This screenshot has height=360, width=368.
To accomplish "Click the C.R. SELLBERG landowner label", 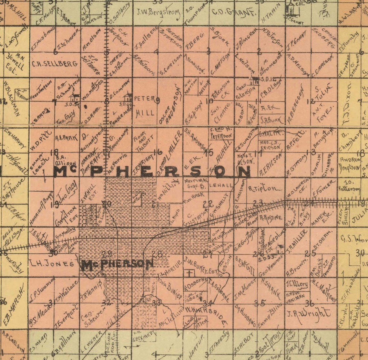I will click(x=55, y=64).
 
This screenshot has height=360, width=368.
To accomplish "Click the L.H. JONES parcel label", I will click(x=52, y=263).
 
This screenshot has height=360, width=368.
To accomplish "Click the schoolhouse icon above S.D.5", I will click(x=76, y=97).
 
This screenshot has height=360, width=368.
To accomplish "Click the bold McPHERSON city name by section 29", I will click(x=118, y=264).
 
